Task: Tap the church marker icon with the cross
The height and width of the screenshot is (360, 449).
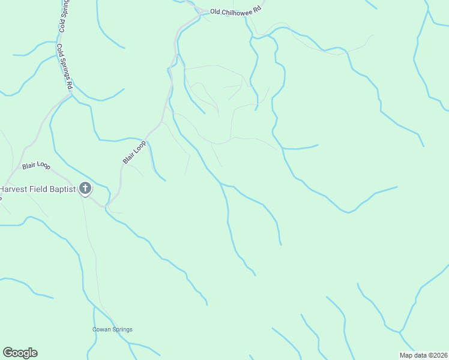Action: pos(85,189)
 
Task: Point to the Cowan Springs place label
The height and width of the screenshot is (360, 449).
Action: pos(112,329)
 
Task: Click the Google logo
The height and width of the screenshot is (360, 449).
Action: pos(20,353)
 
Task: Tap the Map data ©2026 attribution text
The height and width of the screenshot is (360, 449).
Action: pos(423,355)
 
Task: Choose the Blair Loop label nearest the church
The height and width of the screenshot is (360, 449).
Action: pos(36,165)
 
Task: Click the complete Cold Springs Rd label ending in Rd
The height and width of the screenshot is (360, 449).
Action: pos(65,66)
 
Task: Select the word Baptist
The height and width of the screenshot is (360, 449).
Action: pos(64,189)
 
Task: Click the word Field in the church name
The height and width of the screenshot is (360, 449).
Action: pos(39,189)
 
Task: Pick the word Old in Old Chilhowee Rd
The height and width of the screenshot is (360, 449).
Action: pos(215,11)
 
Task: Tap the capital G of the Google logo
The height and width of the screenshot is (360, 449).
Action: pos(8,353)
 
